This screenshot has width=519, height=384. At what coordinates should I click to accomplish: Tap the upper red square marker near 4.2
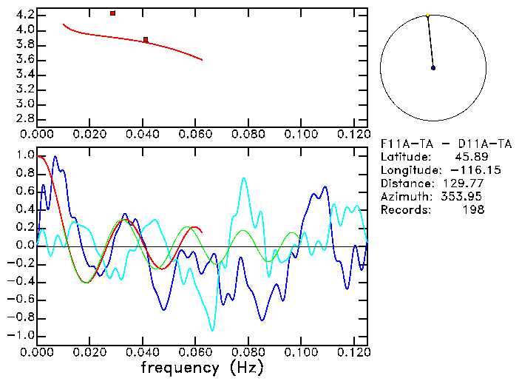pyautogui.click(x=112, y=13)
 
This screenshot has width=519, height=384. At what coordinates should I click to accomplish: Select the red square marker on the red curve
pyautogui.click(x=146, y=40)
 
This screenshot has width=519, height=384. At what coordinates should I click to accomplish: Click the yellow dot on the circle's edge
pyautogui.click(x=427, y=15)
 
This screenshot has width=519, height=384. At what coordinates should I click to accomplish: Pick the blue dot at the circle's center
pyautogui.click(x=433, y=68)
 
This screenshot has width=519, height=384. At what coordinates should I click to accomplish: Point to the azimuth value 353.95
pyautogui.click(x=464, y=196)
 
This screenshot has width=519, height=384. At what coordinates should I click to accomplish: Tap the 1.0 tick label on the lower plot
pyautogui.click(x=24, y=156)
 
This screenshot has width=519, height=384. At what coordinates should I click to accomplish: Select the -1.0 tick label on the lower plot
pyautogui.click(x=21, y=335)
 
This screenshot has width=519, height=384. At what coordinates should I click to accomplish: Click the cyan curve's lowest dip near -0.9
pyautogui.click(x=213, y=330)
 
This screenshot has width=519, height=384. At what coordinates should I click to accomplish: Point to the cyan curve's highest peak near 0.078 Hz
pyautogui.click(x=243, y=178)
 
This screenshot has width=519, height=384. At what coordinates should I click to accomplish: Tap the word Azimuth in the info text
pyautogui.click(x=404, y=196)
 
